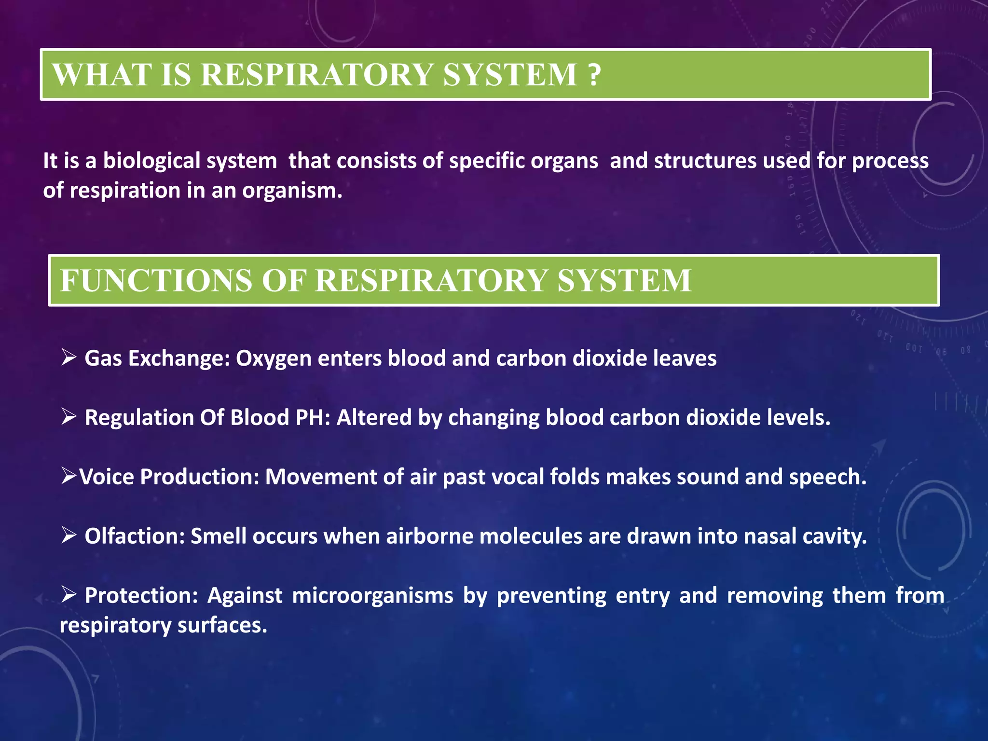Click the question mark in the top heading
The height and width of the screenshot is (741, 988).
coord(594,75)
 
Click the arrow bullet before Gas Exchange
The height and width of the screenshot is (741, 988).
coord(69,358)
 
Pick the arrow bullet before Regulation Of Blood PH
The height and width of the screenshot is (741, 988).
coord(69,417)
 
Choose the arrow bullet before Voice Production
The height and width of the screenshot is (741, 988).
coord(69,476)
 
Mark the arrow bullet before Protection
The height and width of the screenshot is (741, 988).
coord(69,595)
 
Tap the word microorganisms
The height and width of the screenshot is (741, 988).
coord(372,596)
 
